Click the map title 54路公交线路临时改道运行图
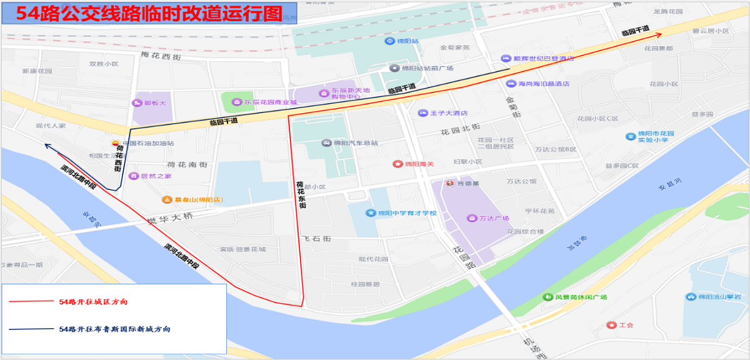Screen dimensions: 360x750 tap(149, 14)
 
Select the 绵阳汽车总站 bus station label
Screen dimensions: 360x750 tap(356, 143)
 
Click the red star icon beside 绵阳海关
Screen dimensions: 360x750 tap(397, 164)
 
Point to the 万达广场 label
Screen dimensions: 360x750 tap(494, 218)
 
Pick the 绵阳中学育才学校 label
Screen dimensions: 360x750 tap(406, 213)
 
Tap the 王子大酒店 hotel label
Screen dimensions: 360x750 tap(449, 113)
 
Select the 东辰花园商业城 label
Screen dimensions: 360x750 tap(270, 102)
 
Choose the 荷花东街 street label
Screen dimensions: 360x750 tap(301, 194)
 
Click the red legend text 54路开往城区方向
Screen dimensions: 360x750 tap(94, 302)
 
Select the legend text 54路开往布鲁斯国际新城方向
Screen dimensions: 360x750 tap(114, 329)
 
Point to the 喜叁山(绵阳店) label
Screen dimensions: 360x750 tap(197, 200)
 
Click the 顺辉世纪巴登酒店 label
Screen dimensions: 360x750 tap(543, 58)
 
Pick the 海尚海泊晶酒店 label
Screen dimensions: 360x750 tap(544, 83)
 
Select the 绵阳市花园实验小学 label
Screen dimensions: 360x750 tap(655, 137)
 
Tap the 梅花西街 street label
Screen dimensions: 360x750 tap(161, 57)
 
